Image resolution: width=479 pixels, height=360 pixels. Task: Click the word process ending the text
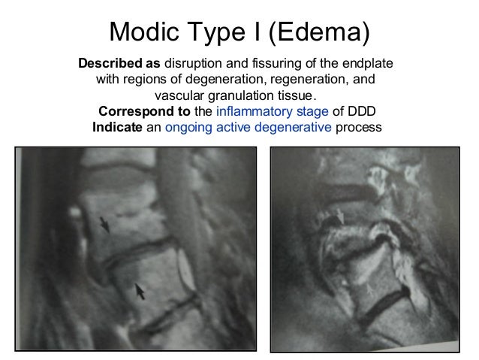[359, 128]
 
